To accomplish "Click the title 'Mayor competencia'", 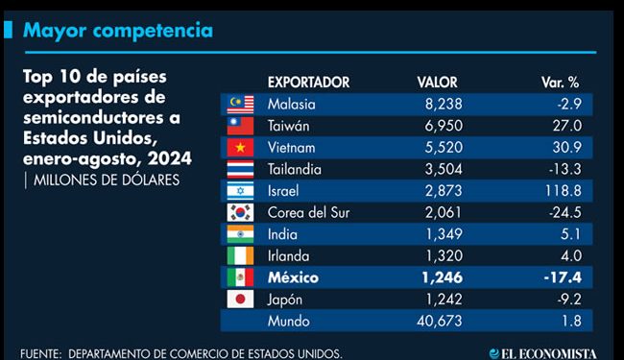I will [117, 31].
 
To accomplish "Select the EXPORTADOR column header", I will [307, 83].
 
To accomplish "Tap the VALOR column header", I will [437, 83].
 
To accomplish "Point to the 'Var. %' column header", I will [561, 83].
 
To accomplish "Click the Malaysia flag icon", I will [237, 104].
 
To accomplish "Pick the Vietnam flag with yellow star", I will [237, 148].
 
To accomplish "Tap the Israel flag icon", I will [237, 191].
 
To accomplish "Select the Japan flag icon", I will [237, 300].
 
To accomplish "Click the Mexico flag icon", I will [237, 277].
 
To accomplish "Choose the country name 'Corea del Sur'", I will [310, 212].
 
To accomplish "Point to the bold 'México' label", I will [293, 277].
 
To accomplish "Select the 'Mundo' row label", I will [289, 321].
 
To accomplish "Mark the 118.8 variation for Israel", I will [563, 191].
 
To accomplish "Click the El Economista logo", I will [556, 352].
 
